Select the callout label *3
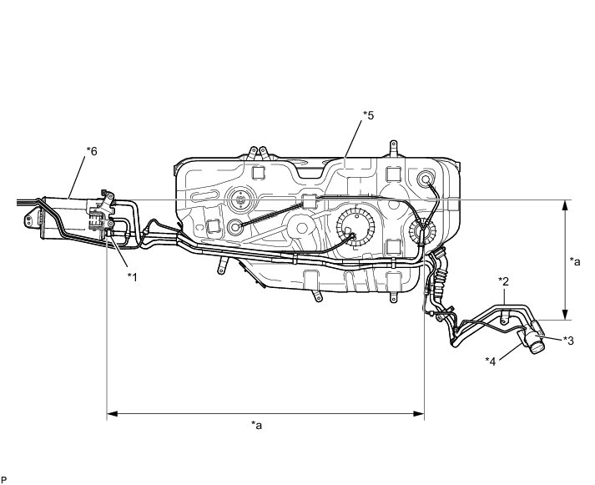point(568,340)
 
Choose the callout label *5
point(368,115)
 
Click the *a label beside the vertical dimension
point(575,261)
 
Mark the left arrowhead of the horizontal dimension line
point(112,412)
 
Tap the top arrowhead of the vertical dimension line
point(566,204)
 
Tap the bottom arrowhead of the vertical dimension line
point(566,315)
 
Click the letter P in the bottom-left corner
point(4,479)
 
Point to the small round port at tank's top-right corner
point(427,178)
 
